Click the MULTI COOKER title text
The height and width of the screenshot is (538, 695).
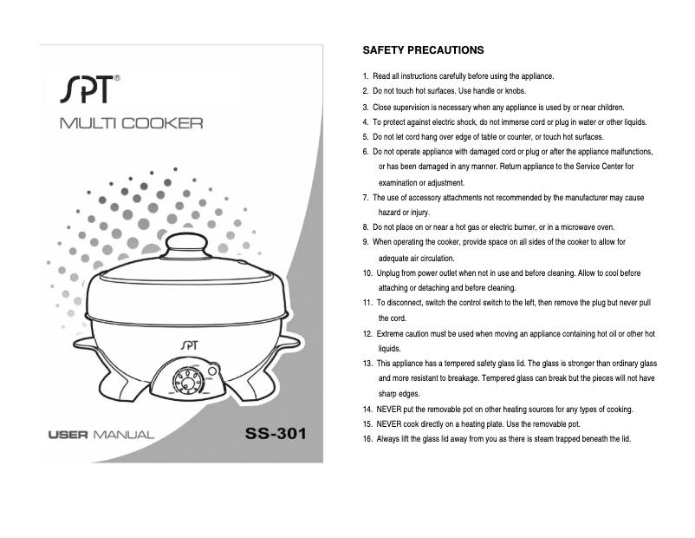pyautogui.click(x=131, y=123)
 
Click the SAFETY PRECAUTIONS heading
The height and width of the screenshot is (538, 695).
pyautogui.click(x=423, y=50)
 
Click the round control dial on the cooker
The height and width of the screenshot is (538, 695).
pyautogui.click(x=185, y=381)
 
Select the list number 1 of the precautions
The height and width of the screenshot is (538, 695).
pyautogui.click(x=366, y=76)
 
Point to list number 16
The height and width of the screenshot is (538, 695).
pyautogui.click(x=367, y=439)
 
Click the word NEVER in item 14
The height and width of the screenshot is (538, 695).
pyautogui.click(x=389, y=409)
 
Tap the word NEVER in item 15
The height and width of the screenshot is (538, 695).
pyautogui.click(x=389, y=424)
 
